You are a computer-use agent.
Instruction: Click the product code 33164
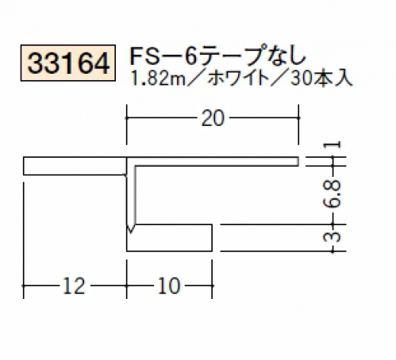tap(68, 63)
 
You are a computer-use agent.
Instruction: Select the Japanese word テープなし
tap(252, 56)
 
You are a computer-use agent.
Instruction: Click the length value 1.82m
tap(158, 79)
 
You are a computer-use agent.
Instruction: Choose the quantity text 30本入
tap(321, 79)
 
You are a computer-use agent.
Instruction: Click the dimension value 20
tap(213, 118)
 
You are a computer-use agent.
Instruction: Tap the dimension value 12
tap(74, 285)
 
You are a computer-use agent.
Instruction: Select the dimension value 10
tap(169, 285)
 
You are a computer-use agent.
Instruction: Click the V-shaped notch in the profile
tap(131, 228)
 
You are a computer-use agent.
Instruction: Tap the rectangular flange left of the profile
tap(75, 166)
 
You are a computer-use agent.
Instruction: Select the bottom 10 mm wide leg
tap(169, 238)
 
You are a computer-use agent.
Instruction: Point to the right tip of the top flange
tap(298, 162)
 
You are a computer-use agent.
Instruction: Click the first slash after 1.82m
tap(196, 79)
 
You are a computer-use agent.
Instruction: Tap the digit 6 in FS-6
tap(190, 56)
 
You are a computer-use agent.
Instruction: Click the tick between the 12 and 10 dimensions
tap(127, 285)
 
